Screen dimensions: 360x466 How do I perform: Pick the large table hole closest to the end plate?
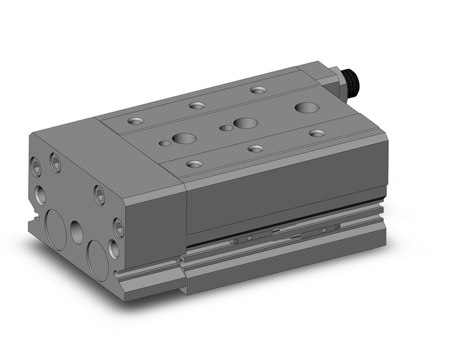pyautogui.click(x=183, y=139)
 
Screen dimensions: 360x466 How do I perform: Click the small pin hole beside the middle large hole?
pyautogui.click(x=227, y=128)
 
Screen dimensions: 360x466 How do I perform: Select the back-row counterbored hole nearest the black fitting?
pyautogui.click(x=258, y=90)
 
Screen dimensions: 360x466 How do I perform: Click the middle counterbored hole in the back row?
pyautogui.click(x=197, y=105)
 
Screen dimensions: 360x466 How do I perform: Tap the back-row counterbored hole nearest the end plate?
pyautogui.click(x=136, y=121)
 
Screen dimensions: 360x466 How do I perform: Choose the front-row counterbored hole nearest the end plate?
pyautogui.click(x=194, y=164)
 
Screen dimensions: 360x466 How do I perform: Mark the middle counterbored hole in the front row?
pyautogui.click(x=256, y=148)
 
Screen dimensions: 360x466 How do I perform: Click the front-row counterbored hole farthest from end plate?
pyautogui.click(x=316, y=133)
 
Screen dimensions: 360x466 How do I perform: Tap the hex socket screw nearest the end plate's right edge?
pyautogui.click(x=119, y=228)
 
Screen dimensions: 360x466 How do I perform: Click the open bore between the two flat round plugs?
pyautogui.click(x=77, y=232)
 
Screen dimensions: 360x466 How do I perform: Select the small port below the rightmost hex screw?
pyautogui.click(x=114, y=248)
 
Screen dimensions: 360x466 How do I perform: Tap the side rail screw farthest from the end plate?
pyautogui.click(x=337, y=228)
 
